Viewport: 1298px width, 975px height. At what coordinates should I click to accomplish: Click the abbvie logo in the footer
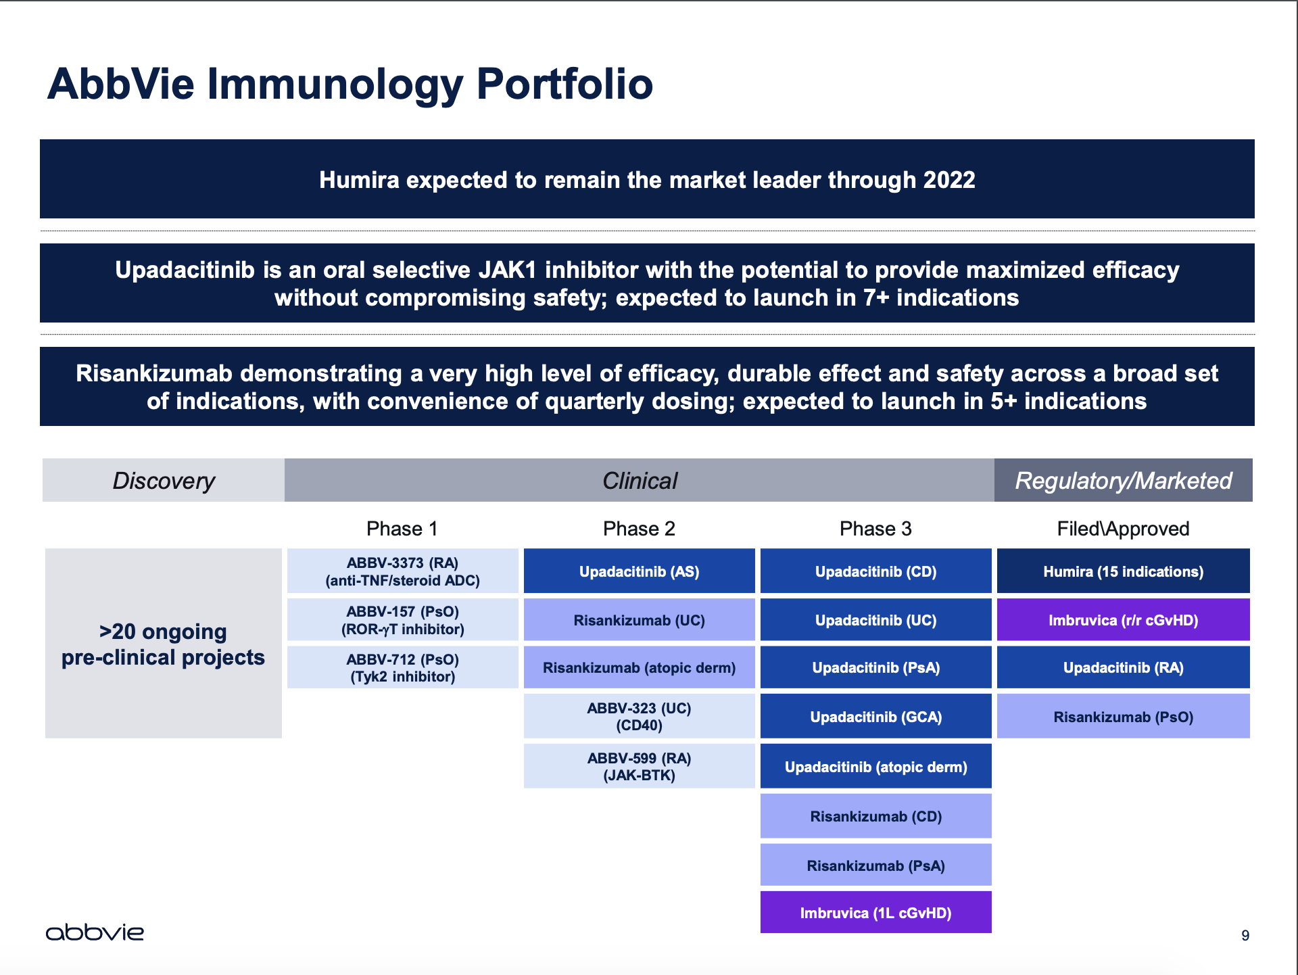pos(95,932)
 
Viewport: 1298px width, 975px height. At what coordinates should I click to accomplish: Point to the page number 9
pos(1245,935)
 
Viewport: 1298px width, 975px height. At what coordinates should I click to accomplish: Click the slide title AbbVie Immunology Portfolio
pos(350,84)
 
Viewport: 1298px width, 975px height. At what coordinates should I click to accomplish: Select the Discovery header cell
pos(164,480)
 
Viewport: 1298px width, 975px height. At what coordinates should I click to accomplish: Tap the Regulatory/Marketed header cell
pos(1123,480)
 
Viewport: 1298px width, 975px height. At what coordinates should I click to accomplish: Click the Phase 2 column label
pos(639,529)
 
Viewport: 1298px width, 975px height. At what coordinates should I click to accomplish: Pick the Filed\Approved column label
pos(1123,529)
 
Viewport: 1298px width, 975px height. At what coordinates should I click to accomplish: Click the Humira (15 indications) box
pos(1123,571)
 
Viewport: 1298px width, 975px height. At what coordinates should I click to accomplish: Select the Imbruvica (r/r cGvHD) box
pos(1123,620)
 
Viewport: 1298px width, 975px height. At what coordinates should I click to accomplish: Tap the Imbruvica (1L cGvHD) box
pos(875,913)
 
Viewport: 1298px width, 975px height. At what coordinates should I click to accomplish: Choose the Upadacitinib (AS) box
pos(639,571)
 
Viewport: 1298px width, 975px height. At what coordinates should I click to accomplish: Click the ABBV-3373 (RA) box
pos(402,571)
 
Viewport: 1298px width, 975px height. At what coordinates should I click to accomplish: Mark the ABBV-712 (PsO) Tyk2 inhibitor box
pos(402,667)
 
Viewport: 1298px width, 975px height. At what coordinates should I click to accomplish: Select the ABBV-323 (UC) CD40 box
pos(639,717)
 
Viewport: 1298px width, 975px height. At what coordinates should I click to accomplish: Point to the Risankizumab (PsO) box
pos(1123,717)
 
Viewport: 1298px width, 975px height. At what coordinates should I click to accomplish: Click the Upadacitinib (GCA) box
pos(875,717)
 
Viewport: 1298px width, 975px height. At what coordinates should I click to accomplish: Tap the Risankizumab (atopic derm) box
pos(639,667)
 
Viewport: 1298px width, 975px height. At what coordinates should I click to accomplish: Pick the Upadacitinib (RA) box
pos(1123,667)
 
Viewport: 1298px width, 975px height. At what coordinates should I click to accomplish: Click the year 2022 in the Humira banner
pos(949,180)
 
